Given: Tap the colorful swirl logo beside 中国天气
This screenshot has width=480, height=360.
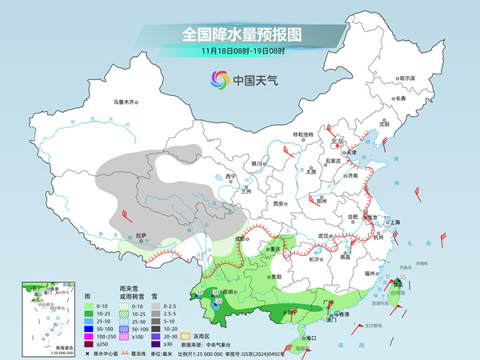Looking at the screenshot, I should point(219,80).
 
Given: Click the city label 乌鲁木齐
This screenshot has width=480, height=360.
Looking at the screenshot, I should point(125,102).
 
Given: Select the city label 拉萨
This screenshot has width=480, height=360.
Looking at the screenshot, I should point(142,235).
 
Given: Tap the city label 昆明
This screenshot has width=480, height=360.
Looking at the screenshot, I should point(230,292).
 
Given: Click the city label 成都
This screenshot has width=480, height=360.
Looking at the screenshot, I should point(240,238).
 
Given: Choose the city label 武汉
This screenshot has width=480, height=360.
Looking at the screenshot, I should point(324,235).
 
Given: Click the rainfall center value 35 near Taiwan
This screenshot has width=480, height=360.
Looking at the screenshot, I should point(403,277).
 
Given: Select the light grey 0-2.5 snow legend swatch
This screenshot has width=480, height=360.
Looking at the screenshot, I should point(158,305).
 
